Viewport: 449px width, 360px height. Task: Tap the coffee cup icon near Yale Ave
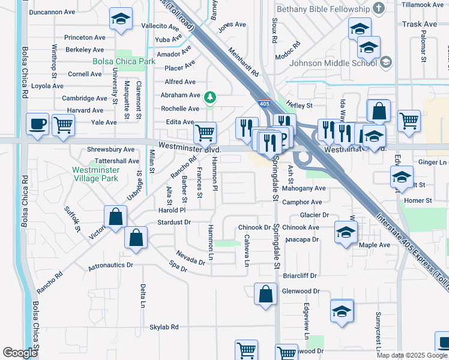click(x=38, y=124)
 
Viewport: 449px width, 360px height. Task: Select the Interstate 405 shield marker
click(x=264, y=104)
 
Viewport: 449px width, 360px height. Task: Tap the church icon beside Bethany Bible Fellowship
click(x=378, y=8)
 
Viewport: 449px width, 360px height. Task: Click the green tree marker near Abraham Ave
click(x=209, y=97)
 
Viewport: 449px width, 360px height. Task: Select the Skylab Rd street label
click(x=164, y=327)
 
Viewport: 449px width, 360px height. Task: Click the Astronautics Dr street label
click(x=110, y=265)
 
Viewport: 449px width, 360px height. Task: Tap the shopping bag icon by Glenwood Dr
click(x=265, y=295)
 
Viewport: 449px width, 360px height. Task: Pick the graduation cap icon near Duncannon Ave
click(x=121, y=19)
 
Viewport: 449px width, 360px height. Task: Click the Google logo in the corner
click(x=20, y=353)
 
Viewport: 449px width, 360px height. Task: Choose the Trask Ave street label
click(x=420, y=24)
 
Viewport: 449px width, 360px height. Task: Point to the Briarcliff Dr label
click(x=300, y=276)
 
